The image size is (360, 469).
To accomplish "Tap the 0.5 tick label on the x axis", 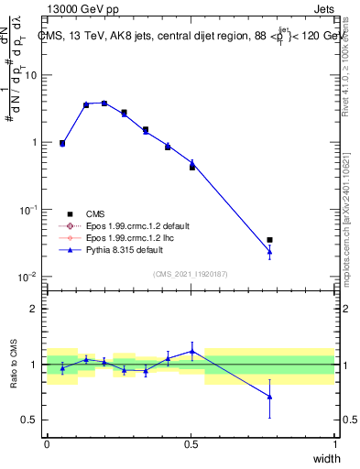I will click(191, 444).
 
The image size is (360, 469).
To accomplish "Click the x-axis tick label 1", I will click(334, 444).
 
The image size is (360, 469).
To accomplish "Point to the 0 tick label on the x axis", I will click(47, 444).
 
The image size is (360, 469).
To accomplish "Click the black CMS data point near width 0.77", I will click(269, 240).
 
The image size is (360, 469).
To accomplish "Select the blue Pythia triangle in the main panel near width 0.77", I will click(269, 251).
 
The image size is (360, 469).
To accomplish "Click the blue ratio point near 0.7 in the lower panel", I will click(269, 397).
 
